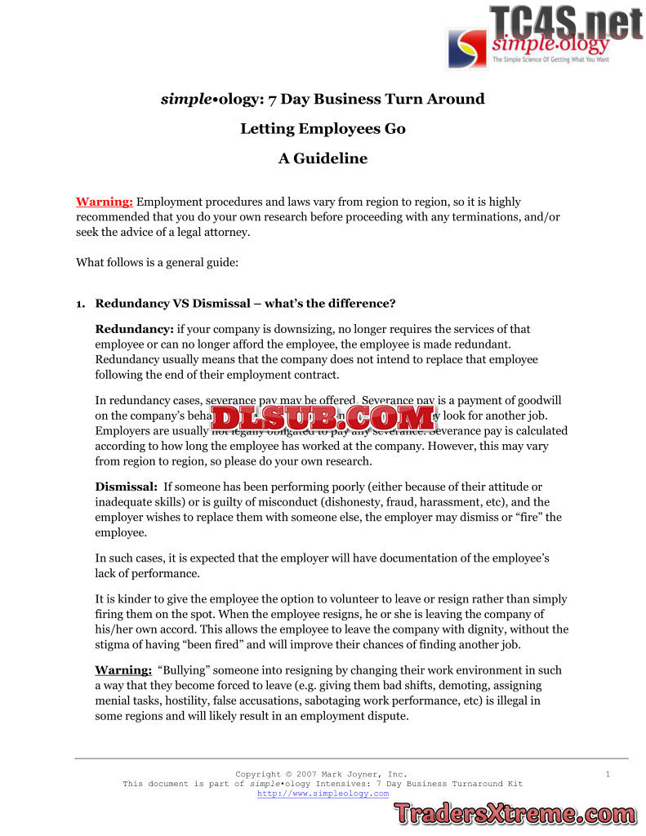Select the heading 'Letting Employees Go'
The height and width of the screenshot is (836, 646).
[323, 129]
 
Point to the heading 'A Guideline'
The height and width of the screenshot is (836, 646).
[323, 158]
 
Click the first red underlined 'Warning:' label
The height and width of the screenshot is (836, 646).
[105, 202]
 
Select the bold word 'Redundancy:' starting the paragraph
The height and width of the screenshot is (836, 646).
[134, 330]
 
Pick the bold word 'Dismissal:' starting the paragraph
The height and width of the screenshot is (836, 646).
[127, 487]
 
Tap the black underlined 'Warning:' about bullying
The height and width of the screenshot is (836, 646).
[123, 670]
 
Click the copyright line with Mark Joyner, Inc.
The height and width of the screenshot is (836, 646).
[321, 774]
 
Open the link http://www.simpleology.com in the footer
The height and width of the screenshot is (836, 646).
[323, 794]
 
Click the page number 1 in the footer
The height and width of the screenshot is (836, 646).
[608, 774]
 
